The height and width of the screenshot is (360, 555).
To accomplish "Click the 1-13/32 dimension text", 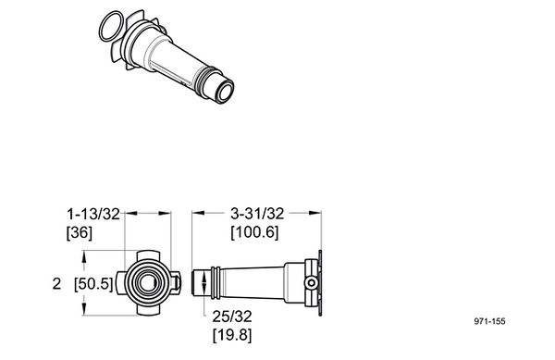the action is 93,214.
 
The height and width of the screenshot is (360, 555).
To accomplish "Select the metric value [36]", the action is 80,232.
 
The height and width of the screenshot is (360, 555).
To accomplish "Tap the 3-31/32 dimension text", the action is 257,214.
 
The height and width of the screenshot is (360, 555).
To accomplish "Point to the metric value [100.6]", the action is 255,232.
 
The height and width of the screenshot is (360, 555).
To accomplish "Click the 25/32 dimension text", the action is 232,317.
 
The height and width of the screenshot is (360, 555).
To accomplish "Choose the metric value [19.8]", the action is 232,335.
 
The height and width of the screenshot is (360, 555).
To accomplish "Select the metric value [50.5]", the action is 93,284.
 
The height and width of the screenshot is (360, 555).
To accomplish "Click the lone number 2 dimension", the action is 56,284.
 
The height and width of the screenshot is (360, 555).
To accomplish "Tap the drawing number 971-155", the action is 490,321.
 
